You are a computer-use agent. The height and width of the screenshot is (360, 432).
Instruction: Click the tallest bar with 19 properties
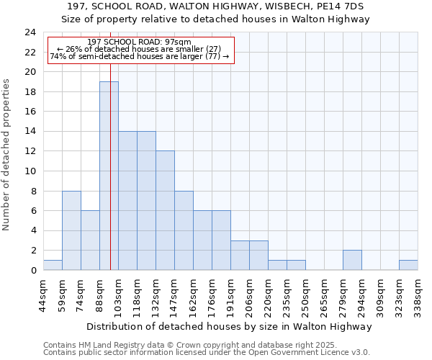(x=109, y=176)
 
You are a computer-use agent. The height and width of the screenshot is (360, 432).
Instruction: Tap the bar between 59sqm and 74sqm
(x=71, y=230)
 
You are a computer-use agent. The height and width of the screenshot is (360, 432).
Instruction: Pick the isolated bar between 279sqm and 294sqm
(x=352, y=260)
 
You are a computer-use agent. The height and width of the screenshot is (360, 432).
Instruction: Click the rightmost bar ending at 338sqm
(x=408, y=265)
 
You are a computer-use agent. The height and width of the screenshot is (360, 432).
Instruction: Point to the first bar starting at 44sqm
(x=53, y=265)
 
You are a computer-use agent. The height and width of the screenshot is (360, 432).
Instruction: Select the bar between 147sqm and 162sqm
(x=184, y=230)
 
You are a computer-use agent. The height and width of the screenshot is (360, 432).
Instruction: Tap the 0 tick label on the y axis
(x=33, y=271)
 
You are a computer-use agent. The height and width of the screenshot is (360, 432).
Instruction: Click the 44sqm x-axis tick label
(x=43, y=294)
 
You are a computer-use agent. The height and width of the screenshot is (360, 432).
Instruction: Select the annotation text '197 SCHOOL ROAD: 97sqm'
(x=138, y=42)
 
